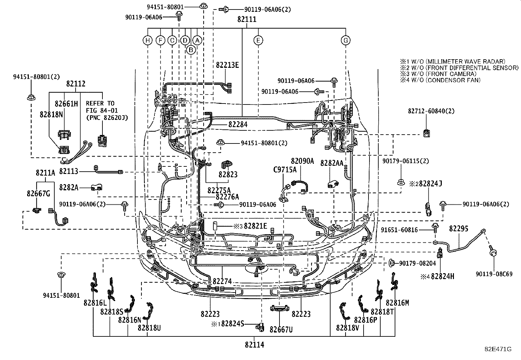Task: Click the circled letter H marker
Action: pyautogui.click(x=148, y=41)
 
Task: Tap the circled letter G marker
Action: pyautogui.click(x=346, y=41)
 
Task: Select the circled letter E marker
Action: pyautogui.click(x=258, y=41)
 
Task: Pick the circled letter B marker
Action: pyautogui.click(x=191, y=50)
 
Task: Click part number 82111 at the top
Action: pyautogui.click(x=247, y=19)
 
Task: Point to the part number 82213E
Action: pyautogui.click(x=227, y=65)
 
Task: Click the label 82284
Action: pyautogui.click(x=238, y=124)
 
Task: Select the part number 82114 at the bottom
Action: pyautogui.click(x=255, y=345)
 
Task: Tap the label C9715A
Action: pyautogui.click(x=285, y=170)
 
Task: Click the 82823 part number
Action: pyautogui.click(x=228, y=174)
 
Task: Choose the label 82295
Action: pyautogui.click(x=458, y=229)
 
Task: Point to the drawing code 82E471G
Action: pyautogui.click(x=498, y=349)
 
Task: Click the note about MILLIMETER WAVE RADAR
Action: pyautogui.click(x=453, y=62)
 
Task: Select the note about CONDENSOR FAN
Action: pyautogui.click(x=440, y=80)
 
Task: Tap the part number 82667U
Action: pyautogui.click(x=281, y=330)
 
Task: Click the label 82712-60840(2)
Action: pyautogui.click(x=431, y=111)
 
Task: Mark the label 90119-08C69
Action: pyautogui.click(x=494, y=274)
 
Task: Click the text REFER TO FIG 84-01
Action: pyautogui.click(x=102, y=107)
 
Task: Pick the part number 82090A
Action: pyautogui.click(x=302, y=161)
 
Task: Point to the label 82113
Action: pyautogui.click(x=69, y=171)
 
